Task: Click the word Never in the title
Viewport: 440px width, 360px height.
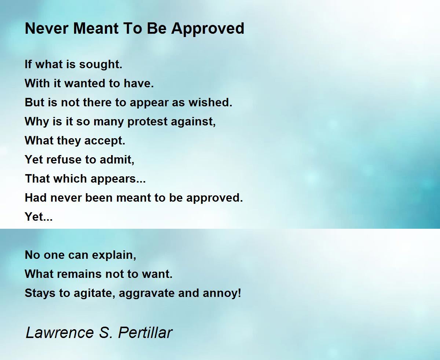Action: [x=47, y=28]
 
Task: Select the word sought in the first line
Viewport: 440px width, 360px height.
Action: [x=101, y=65]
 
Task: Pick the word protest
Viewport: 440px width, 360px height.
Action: [x=147, y=122]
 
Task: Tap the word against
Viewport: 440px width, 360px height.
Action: [x=193, y=122]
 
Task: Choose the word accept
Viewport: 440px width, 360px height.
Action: [x=105, y=141]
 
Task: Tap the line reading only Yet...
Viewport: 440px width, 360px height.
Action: [x=38, y=217]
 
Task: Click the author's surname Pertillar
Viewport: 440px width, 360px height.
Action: [x=145, y=333]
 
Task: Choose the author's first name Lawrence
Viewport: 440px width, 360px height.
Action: [x=60, y=333]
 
